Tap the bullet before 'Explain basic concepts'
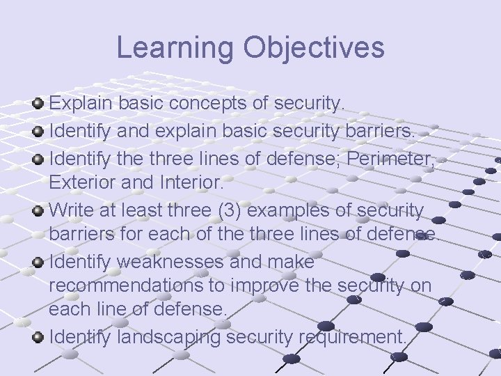click(x=39, y=104)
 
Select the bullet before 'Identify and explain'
click(x=39, y=130)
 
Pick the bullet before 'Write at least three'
click(x=39, y=208)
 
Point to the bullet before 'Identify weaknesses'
click(x=39, y=263)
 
